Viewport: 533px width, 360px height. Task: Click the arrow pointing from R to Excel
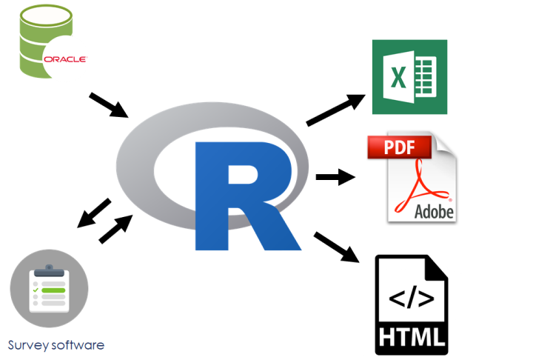[336, 110]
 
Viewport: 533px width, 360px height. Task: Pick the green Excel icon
[409, 76]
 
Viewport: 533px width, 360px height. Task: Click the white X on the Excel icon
[398, 77]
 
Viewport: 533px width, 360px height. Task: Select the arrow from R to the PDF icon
[335, 177]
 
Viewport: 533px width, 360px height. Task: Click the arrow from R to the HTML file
[337, 247]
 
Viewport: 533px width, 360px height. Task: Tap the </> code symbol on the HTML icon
[412, 299]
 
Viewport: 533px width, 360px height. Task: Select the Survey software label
[56, 345]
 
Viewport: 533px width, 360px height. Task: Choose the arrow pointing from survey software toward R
[116, 228]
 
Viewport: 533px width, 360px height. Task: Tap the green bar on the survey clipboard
[53, 290]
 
